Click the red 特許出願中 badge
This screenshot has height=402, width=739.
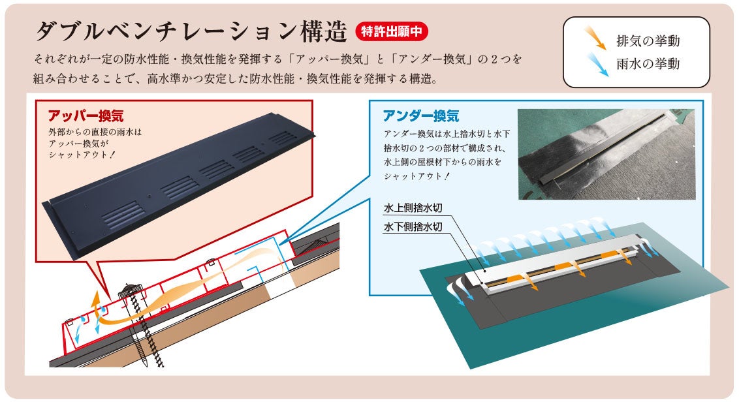point(392,31)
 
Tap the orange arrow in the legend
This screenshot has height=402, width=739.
point(595,38)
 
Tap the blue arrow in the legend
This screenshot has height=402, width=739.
point(597,64)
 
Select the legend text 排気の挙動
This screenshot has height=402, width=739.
point(648,41)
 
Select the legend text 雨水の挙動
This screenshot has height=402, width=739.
point(648,63)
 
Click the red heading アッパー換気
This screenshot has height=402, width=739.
point(86,116)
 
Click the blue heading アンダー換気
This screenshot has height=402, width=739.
point(421,116)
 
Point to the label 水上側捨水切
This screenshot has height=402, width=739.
point(413,208)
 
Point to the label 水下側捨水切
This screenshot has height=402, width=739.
point(413,226)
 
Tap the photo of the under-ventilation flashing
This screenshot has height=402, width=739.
point(606,154)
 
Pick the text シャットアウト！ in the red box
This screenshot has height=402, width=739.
point(82,155)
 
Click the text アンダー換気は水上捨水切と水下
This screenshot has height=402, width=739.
point(447,134)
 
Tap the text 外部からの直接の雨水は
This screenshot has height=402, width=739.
point(95,132)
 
